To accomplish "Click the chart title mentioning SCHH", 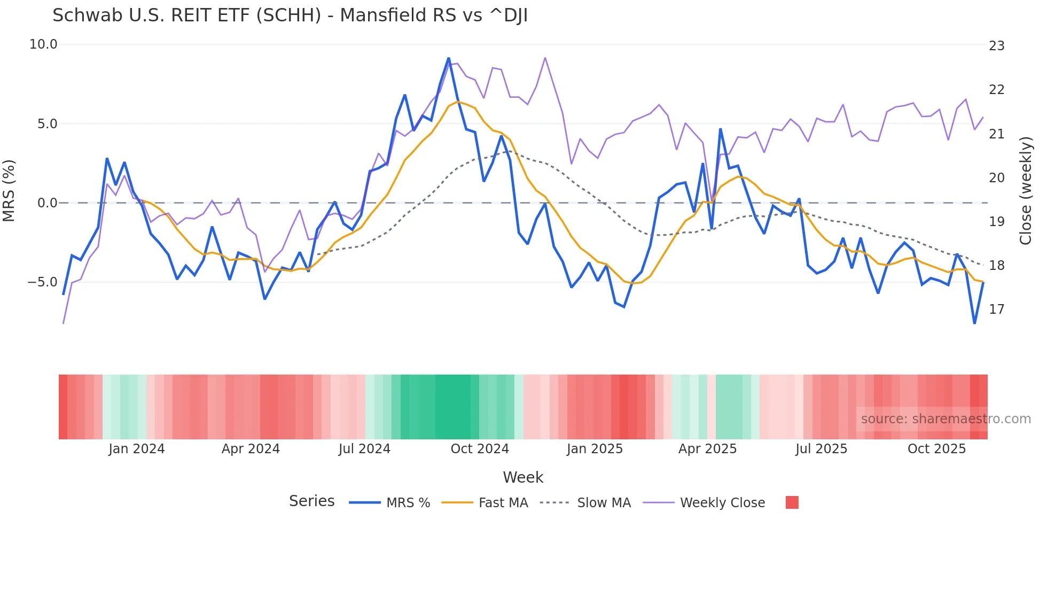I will click(290, 15).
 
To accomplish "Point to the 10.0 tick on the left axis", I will click(43, 44).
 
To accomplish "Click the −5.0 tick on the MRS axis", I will click(43, 282).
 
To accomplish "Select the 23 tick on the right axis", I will click(997, 46).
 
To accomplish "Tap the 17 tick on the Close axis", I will click(997, 309).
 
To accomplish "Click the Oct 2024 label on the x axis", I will click(480, 449).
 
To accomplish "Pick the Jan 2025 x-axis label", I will click(595, 449).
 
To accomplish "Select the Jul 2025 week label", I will click(821, 449).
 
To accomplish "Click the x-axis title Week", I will click(523, 477).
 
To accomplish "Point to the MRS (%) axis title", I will click(9, 191).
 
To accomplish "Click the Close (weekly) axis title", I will click(1026, 191).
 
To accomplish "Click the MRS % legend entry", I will click(390, 503).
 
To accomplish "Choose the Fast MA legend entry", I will click(485, 503).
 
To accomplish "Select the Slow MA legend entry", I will click(585, 503).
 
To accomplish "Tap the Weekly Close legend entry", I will click(704, 503).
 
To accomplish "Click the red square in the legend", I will click(792, 502).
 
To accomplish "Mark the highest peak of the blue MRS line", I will click(449, 58).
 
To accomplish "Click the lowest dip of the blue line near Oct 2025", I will click(974, 323).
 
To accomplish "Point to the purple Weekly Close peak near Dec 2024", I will click(545, 58).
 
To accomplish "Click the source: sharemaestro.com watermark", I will click(946, 419).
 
